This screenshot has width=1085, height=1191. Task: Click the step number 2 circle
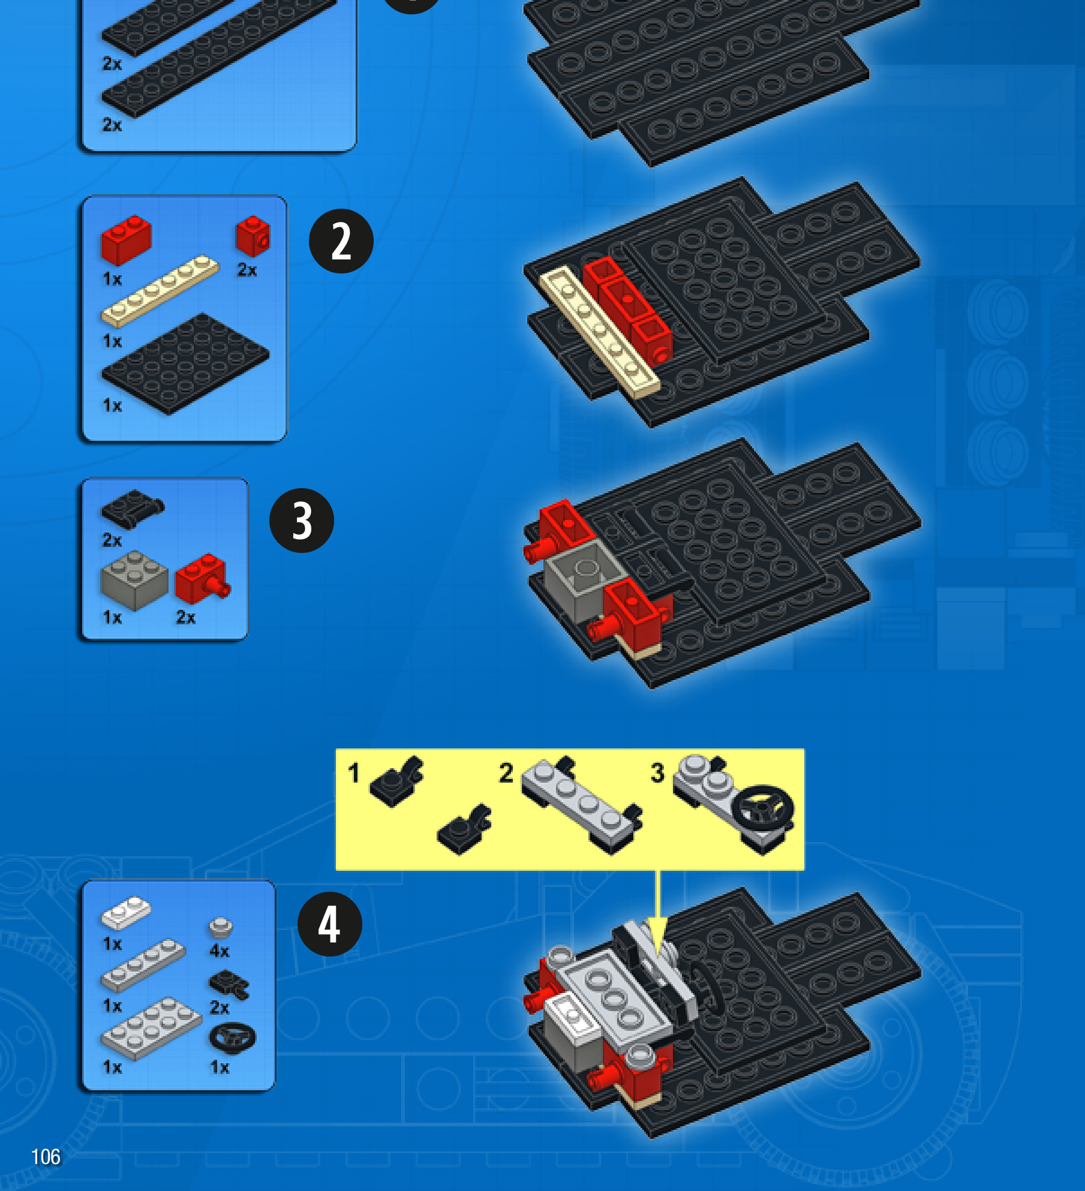341,241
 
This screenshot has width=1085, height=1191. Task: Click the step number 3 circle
302,520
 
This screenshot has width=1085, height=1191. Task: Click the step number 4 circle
330,924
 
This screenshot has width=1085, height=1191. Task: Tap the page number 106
46,1156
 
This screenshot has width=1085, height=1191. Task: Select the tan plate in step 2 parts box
160,291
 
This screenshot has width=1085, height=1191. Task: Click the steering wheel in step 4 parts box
232,1038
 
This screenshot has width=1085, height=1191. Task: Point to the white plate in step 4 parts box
126,912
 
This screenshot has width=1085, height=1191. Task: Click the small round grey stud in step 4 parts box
221,927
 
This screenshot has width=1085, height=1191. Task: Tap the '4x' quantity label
220,951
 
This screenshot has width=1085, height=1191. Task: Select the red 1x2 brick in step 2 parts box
126,240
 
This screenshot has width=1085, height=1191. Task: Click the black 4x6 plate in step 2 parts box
185,363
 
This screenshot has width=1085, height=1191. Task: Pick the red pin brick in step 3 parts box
203,579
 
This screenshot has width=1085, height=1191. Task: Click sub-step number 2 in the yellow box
506,773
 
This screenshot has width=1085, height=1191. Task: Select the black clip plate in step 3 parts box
133,509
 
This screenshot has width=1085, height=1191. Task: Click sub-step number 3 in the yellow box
657,772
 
